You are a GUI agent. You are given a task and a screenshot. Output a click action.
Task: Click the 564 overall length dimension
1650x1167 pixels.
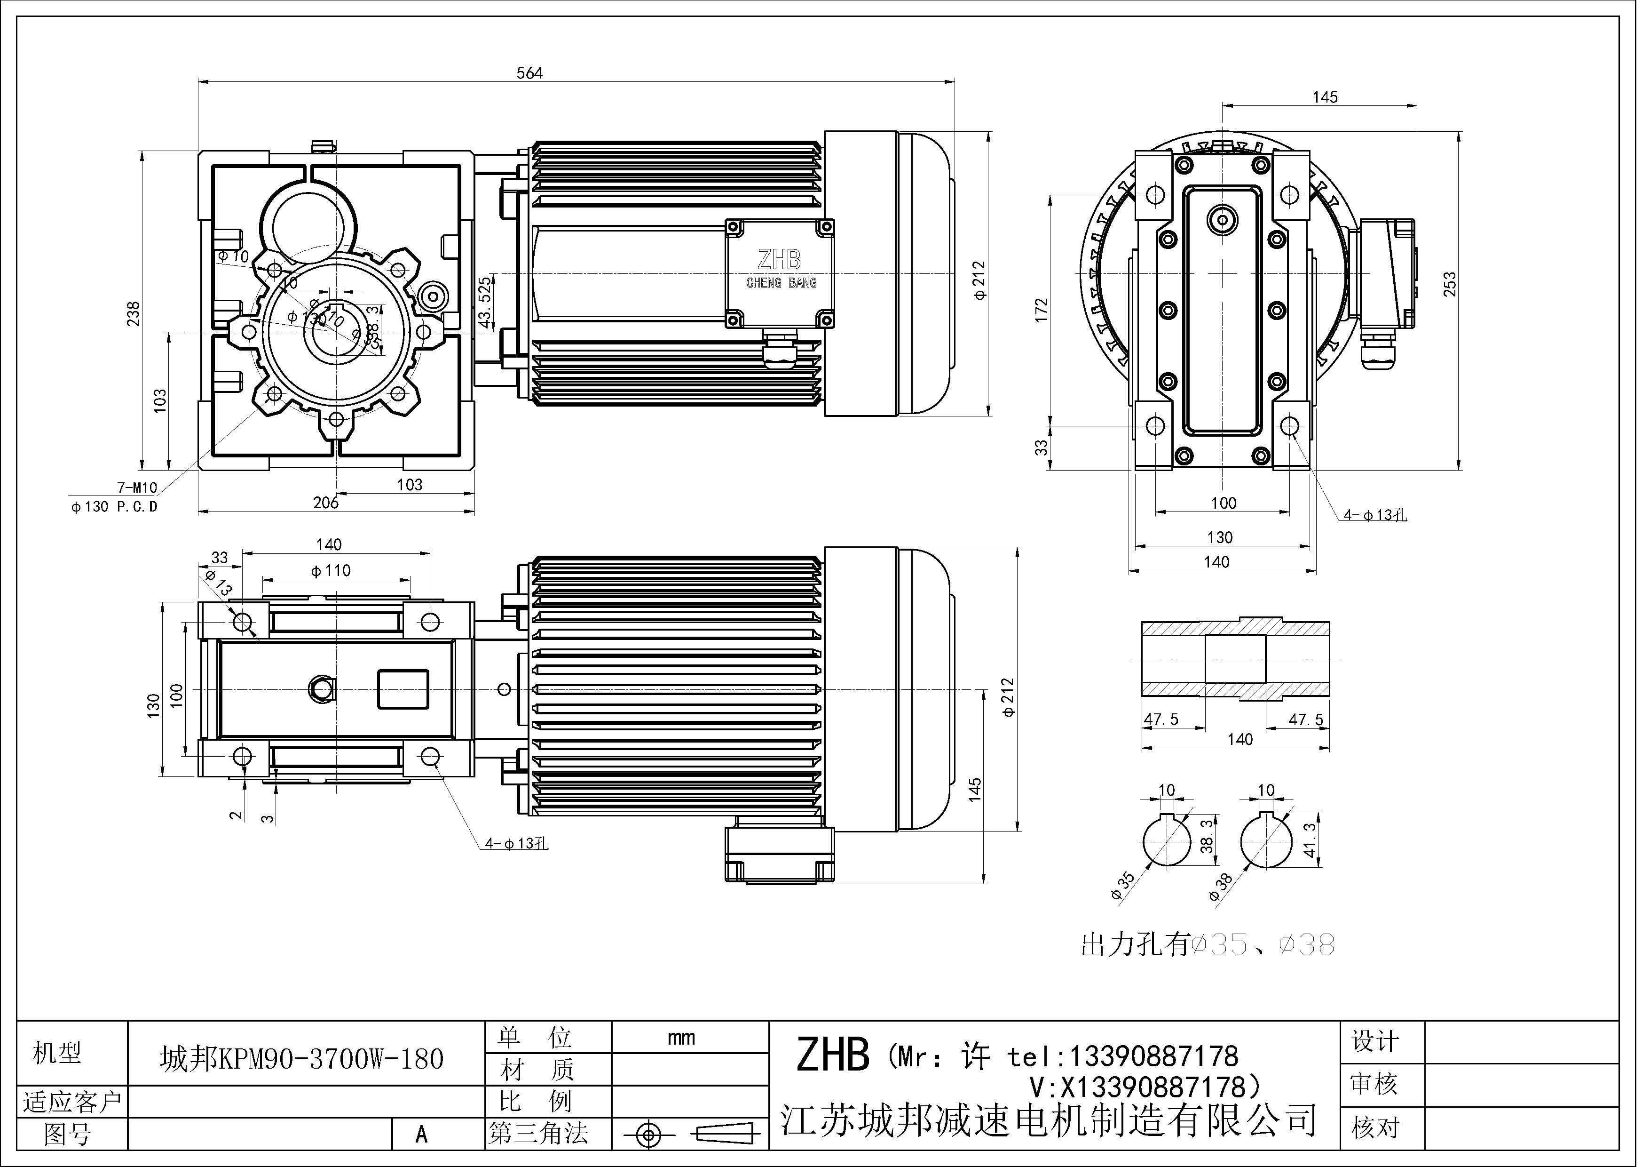coord(529,72)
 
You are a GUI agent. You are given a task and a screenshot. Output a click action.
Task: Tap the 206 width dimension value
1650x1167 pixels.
coord(325,503)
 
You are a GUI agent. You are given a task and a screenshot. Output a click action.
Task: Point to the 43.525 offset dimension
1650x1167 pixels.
coord(486,303)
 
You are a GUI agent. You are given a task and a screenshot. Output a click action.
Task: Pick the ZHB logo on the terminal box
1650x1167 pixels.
coord(779,260)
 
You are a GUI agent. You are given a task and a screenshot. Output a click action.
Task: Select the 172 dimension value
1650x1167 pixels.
coord(1042,310)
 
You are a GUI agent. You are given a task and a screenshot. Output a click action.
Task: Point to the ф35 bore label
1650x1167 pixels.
coord(1122,885)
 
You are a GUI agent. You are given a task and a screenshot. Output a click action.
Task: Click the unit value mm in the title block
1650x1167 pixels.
coord(680,1038)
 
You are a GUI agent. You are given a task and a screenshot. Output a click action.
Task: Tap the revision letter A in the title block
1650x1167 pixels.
coord(422,1135)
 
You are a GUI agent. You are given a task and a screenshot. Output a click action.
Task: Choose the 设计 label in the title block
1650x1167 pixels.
coord(1375,1041)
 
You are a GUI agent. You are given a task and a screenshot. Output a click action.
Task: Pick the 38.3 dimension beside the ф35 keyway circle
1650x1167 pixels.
coord(1208,836)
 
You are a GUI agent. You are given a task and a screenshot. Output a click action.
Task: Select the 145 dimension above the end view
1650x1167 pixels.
coord(1325,97)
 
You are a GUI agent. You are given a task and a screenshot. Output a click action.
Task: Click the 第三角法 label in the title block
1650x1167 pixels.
coord(539,1134)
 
